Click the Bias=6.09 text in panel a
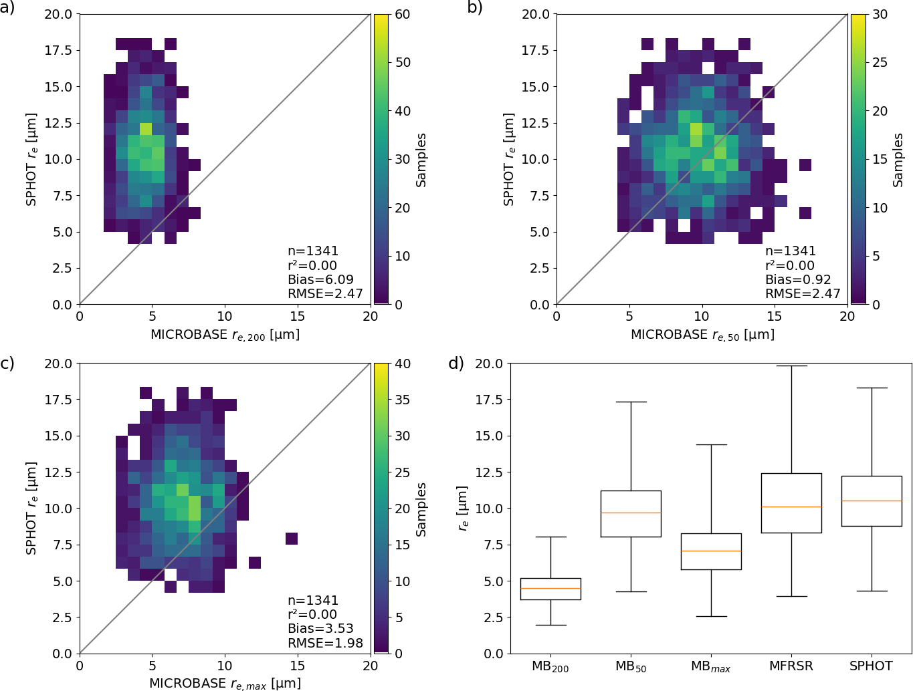[320, 279]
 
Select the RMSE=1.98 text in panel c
[325, 643]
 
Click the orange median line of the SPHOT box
[872, 501]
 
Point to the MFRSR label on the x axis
[791, 666]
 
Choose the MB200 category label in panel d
[550, 666]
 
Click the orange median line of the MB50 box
[631, 513]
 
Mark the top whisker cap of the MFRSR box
[791, 366]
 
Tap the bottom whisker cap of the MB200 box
[550, 625]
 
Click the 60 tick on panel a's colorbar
[403, 14]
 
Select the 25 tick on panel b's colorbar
[880, 62]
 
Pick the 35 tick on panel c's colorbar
[403, 400]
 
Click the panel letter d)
[456, 364]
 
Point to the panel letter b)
[474, 7]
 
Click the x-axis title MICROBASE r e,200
[225, 334]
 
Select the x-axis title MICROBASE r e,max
[225, 684]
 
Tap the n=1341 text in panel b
[791, 251]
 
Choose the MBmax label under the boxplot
[711, 666]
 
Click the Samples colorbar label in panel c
[421, 509]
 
